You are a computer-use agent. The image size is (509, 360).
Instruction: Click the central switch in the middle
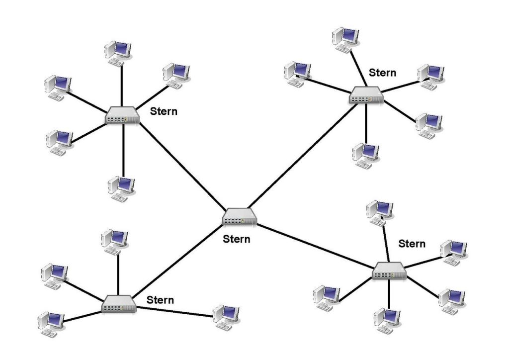[240, 216]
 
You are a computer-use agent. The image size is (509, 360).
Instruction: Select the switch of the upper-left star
[122, 116]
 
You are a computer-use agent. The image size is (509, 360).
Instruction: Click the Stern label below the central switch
[237, 239]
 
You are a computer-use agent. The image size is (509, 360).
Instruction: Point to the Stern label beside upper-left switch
[164, 111]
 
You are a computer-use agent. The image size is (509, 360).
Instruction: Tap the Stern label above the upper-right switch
[382, 73]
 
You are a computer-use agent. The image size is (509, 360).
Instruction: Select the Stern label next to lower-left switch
[161, 300]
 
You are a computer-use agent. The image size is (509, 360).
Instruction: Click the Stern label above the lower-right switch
[412, 244]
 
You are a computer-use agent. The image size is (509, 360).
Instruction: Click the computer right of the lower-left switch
[226, 316]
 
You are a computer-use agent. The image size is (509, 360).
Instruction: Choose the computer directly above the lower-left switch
[115, 242]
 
